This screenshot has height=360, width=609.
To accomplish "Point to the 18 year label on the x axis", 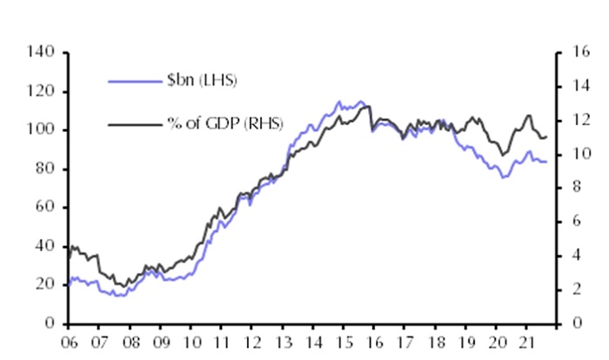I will (436, 342).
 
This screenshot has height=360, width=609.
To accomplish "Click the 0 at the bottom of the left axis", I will (50, 323).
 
